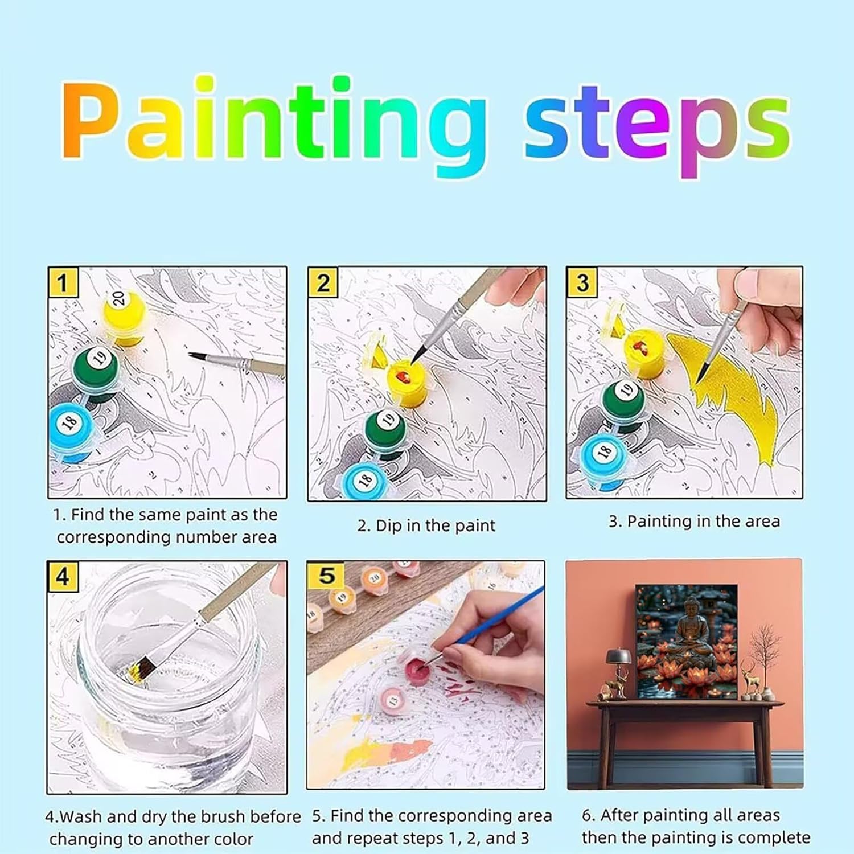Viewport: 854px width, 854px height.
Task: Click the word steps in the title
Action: (658, 129)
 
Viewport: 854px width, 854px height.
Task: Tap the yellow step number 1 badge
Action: (63, 282)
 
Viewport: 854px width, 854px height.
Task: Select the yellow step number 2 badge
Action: (323, 283)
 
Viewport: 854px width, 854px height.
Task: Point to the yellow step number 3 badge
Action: (581, 283)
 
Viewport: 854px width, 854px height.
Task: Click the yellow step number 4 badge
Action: (63, 577)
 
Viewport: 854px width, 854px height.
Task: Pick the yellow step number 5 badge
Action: (326, 576)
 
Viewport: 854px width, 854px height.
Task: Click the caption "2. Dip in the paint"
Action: (426, 525)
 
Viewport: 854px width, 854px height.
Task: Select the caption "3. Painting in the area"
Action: (694, 522)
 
